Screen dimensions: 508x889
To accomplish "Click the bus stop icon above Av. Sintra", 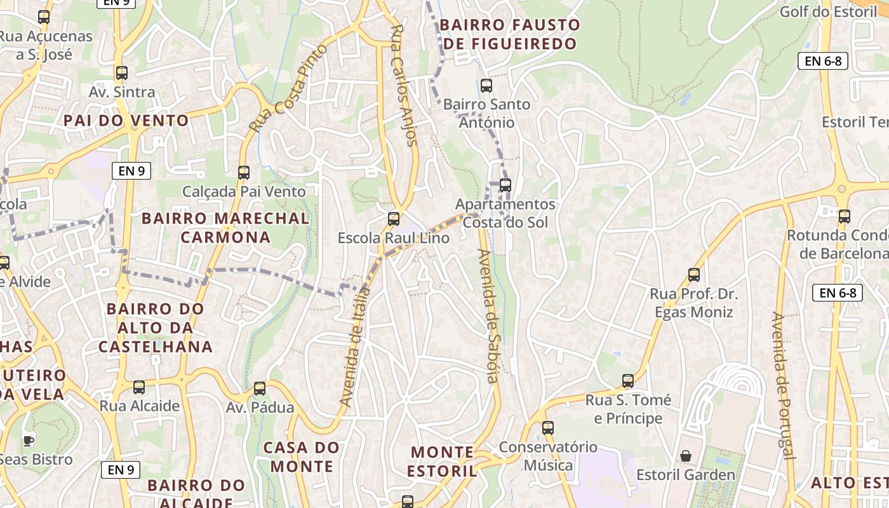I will pos(121,73).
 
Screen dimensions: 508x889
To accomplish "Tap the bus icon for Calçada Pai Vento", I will pos(243,172).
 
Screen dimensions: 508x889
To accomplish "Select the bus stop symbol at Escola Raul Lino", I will pos(394,219).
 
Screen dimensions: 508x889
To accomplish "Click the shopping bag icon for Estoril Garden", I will pos(686,456).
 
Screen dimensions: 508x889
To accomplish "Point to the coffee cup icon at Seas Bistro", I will pos(28,440).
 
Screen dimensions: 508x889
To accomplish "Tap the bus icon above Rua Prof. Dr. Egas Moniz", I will pos(694,275).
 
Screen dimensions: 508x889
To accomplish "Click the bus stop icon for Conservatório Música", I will pos(548,428).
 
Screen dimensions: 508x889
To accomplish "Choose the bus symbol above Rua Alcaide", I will pos(139,387).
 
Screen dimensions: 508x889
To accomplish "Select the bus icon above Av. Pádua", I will pos(260,389).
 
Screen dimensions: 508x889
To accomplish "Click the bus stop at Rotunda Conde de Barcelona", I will pos(844,217).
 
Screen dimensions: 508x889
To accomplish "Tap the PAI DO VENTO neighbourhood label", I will pos(126,121).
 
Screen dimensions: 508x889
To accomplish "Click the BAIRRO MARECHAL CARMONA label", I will pos(225,228).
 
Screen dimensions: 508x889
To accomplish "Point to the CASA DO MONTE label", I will pos(302,457).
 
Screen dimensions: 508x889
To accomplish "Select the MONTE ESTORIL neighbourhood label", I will pos(443,462).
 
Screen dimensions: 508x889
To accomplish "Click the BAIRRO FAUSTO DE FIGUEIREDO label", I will pos(510,34).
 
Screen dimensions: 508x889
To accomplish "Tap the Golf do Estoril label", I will pos(828,11).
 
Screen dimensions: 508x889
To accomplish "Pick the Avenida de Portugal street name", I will pos(783,385).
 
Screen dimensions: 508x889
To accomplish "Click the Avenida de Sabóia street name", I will pos(488,316).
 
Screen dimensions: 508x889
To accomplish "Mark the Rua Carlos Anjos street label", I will pos(404,86).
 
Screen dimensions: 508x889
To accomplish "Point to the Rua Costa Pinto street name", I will pos(289,88).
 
